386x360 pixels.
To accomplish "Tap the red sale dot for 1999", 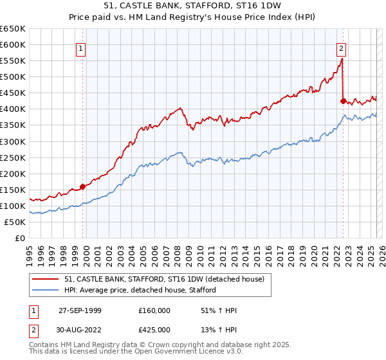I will [83, 186].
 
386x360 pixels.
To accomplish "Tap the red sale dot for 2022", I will [343, 101].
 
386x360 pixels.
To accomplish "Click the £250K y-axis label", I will [13, 157].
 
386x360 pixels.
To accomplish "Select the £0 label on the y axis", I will [19, 238].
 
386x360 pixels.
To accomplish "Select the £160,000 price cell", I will [154, 310].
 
